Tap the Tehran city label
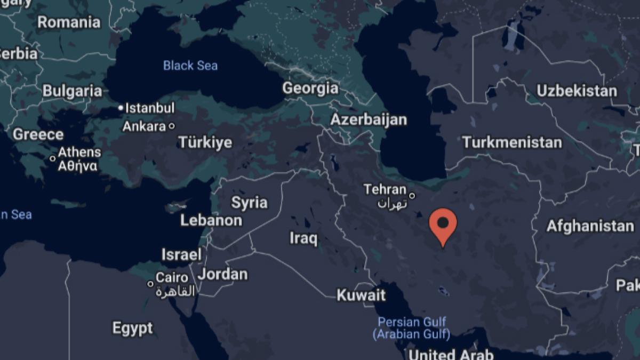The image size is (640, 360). tap(385, 190)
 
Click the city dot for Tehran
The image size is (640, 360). tap(412, 195)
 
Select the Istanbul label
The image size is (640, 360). tap(149, 108)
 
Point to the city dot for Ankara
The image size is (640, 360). tap(171, 126)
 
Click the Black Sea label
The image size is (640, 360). tap(190, 66)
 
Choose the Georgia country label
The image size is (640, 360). tap(310, 88)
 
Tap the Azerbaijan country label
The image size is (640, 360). tap(369, 119)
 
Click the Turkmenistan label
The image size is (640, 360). tap(512, 142)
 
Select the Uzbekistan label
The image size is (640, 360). tap(577, 91)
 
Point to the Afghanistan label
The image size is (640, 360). tap(590, 226)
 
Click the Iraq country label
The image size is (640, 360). tap(303, 238)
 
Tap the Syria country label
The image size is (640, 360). tap(250, 203)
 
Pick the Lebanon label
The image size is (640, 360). tap(211, 220)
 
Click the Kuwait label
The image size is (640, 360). tap(361, 295)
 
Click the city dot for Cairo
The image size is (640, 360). tap(151, 284)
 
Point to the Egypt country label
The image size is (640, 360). tap(132, 328)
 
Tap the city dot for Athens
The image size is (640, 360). tap(53, 158)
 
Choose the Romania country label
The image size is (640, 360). tap(69, 22)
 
